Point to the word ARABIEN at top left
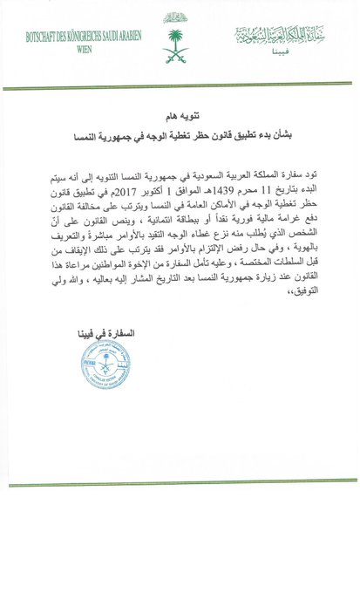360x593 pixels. click(125, 38)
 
